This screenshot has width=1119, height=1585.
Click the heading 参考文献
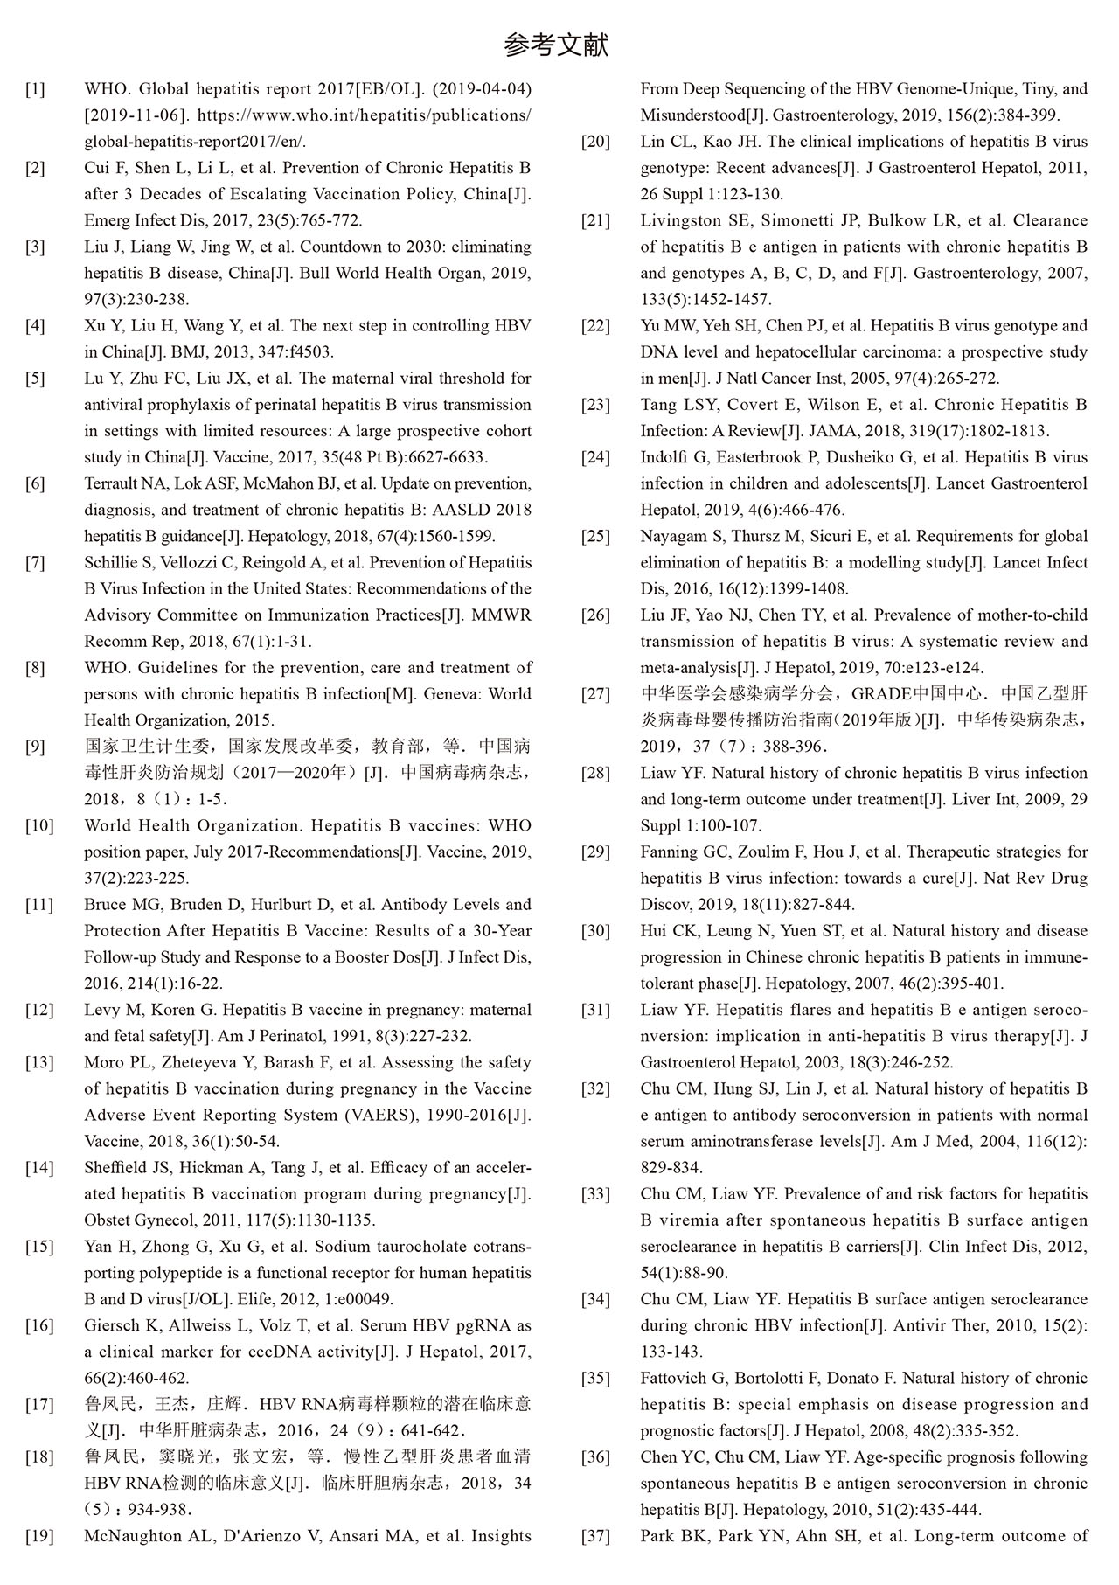tap(556, 45)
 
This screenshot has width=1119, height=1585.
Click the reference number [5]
tap(35, 379)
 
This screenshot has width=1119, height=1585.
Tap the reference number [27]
tap(595, 694)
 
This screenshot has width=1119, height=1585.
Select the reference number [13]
tap(39, 1063)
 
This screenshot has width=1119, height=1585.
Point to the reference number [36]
tap(595, 1457)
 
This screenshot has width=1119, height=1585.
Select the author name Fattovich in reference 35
tap(674, 1379)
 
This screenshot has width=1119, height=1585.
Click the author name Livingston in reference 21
tap(680, 220)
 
